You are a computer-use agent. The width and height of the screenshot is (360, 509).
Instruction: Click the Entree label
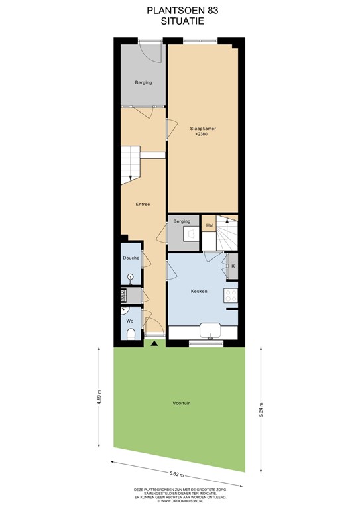coord(143,204)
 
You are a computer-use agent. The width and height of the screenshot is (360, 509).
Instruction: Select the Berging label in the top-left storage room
coord(143,83)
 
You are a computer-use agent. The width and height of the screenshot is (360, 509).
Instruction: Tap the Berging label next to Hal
coord(182,221)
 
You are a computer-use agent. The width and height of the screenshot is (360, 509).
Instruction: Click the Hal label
coord(210,225)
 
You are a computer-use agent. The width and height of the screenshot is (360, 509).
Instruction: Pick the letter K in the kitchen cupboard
coord(233,266)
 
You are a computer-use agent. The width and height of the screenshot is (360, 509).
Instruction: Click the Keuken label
coord(200,291)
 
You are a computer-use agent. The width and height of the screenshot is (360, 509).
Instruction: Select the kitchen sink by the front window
coord(212,330)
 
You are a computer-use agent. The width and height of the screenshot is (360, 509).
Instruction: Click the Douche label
coord(131,257)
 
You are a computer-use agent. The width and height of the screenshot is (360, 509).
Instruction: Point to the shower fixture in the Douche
coord(131,277)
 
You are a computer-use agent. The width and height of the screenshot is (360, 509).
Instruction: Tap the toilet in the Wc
coord(130,334)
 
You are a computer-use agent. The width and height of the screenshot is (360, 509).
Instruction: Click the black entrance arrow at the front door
coord(154,343)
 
